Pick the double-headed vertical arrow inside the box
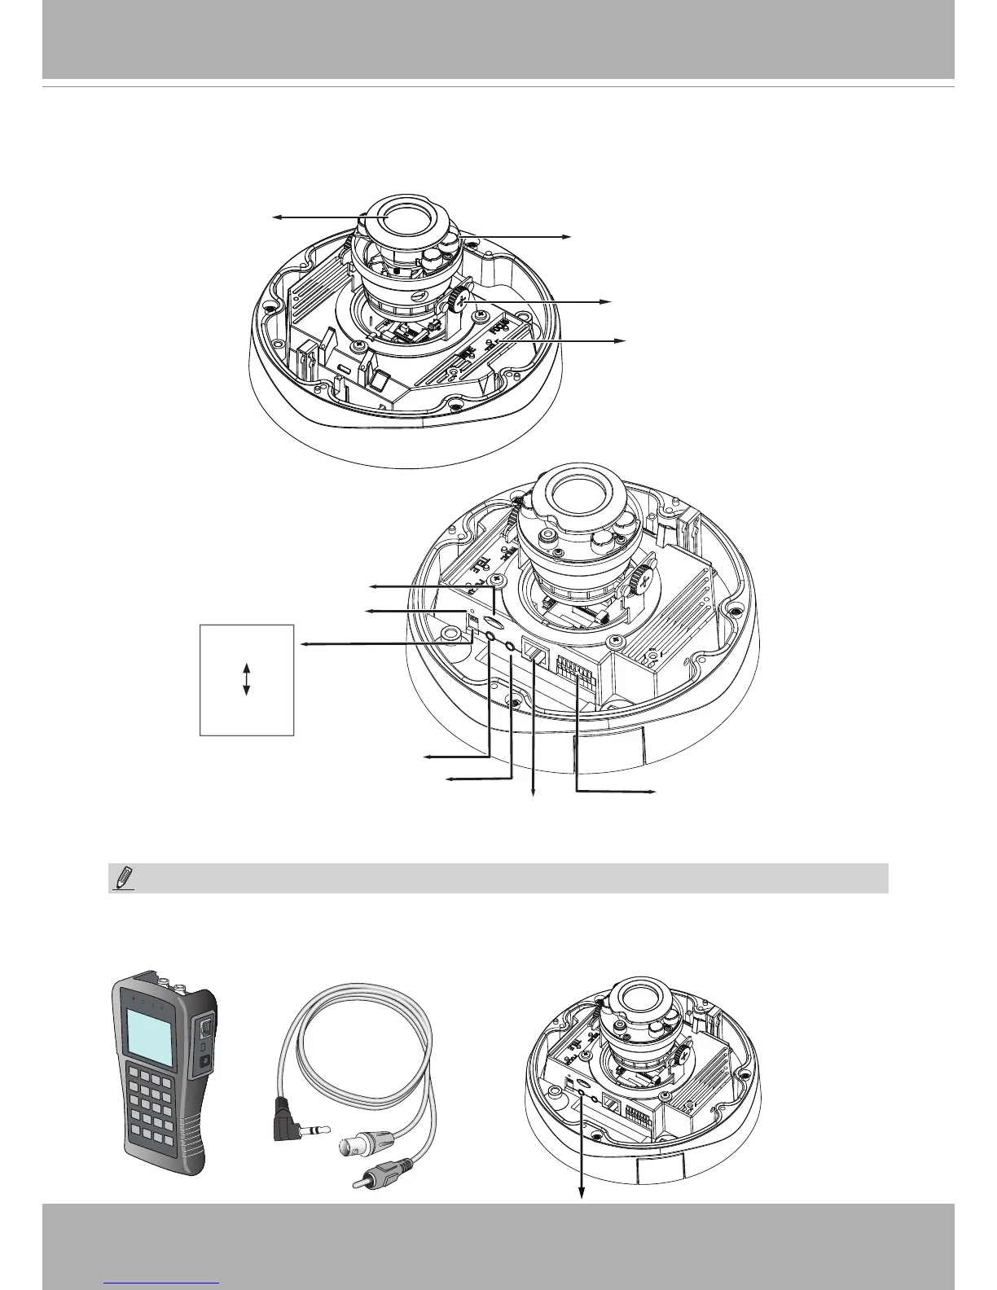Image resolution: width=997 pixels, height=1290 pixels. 246,678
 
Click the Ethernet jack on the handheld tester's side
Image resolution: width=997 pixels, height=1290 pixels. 206,1029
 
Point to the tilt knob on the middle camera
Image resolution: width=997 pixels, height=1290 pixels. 643,580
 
